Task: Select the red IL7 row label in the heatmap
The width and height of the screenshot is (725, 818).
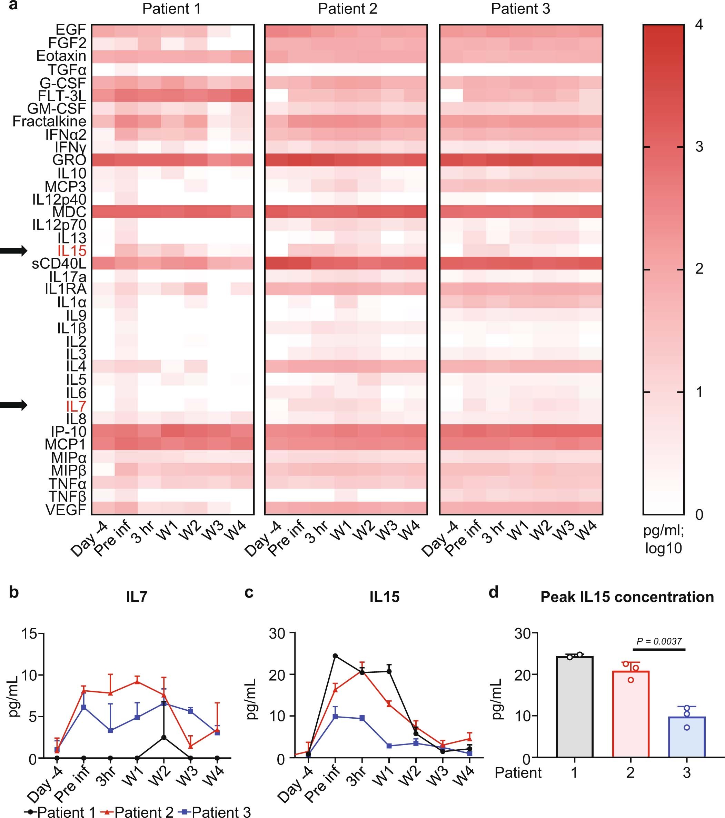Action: [x=76, y=406]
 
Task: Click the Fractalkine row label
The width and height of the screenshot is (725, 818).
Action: [x=49, y=121]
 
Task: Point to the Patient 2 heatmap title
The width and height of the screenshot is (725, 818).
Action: [x=347, y=9]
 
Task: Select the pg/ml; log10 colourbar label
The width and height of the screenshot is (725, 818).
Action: [x=663, y=539]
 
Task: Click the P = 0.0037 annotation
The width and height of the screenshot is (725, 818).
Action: [x=658, y=641]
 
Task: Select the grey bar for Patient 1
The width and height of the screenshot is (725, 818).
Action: [x=575, y=708]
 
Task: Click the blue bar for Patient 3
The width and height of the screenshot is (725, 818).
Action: [x=687, y=738]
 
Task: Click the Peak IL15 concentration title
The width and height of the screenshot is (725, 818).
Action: [x=627, y=597]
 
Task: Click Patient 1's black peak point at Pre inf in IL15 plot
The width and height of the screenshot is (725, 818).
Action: [x=335, y=656]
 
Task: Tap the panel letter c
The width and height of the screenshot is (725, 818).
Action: [x=249, y=593]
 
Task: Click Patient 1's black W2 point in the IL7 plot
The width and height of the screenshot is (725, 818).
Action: [x=163, y=737]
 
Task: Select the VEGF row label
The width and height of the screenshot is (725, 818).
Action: [x=66, y=510]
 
